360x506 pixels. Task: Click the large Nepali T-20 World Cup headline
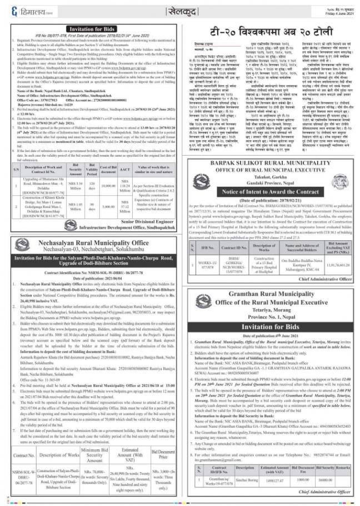[x=268, y=31]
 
